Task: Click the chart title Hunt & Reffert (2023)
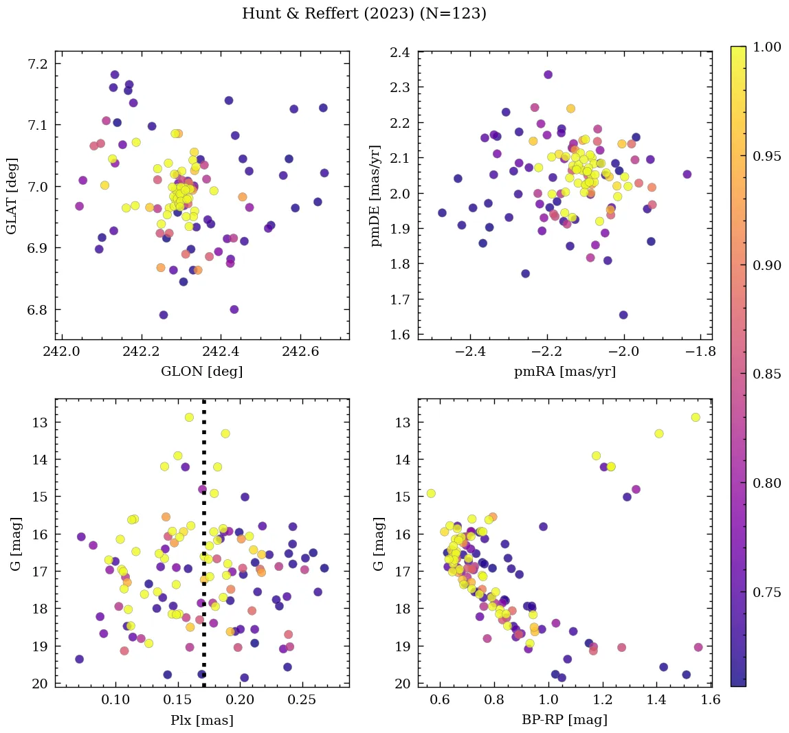(x=364, y=14)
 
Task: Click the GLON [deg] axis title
(x=201, y=372)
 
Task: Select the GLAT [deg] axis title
(x=12, y=196)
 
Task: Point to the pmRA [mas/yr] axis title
(x=565, y=372)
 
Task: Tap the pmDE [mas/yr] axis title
(x=375, y=196)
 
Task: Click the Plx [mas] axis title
(x=201, y=720)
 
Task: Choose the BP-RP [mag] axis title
(x=565, y=720)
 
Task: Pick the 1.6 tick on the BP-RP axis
(x=711, y=702)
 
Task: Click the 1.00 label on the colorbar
(x=767, y=47)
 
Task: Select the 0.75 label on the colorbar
(x=767, y=592)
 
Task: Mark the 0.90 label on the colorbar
(x=767, y=265)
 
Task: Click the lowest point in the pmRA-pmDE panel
(x=623, y=315)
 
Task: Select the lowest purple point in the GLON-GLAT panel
(x=164, y=315)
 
